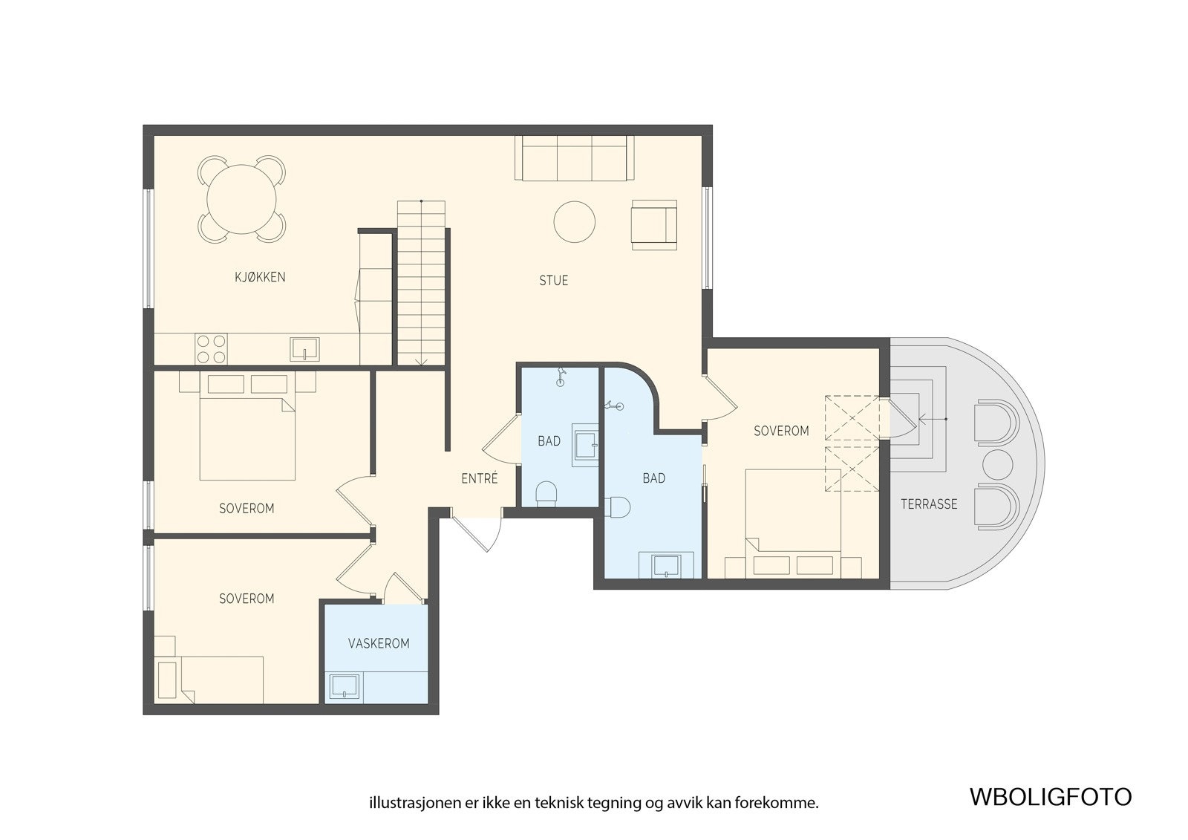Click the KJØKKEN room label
coord(260,277)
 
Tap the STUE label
coord(554,280)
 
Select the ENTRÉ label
coord(480,478)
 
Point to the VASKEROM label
coord(379,644)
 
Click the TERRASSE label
coord(929,504)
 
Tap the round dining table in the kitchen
coord(241,199)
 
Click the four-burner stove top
coord(211,348)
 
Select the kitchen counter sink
coord(305,349)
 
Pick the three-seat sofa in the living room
coord(575,158)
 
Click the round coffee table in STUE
coord(575,222)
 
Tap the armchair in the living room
coord(654,224)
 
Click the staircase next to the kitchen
coord(421,283)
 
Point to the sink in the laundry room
coord(345,686)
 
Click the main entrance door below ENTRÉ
coord(476,530)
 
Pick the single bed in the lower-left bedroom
coord(209,680)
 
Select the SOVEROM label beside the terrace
coord(781,431)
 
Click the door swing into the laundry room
coord(404,588)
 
